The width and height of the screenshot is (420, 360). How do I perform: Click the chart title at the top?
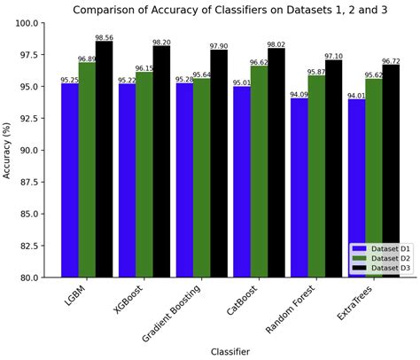[x=229, y=11]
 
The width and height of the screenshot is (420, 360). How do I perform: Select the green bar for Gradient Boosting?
[x=201, y=177]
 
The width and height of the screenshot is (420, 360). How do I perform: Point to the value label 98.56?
[x=105, y=38]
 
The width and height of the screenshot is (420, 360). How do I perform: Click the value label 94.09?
[x=299, y=95]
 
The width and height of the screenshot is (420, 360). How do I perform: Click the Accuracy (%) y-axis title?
[x=8, y=150]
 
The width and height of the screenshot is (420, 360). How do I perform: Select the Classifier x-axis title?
[x=229, y=352]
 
